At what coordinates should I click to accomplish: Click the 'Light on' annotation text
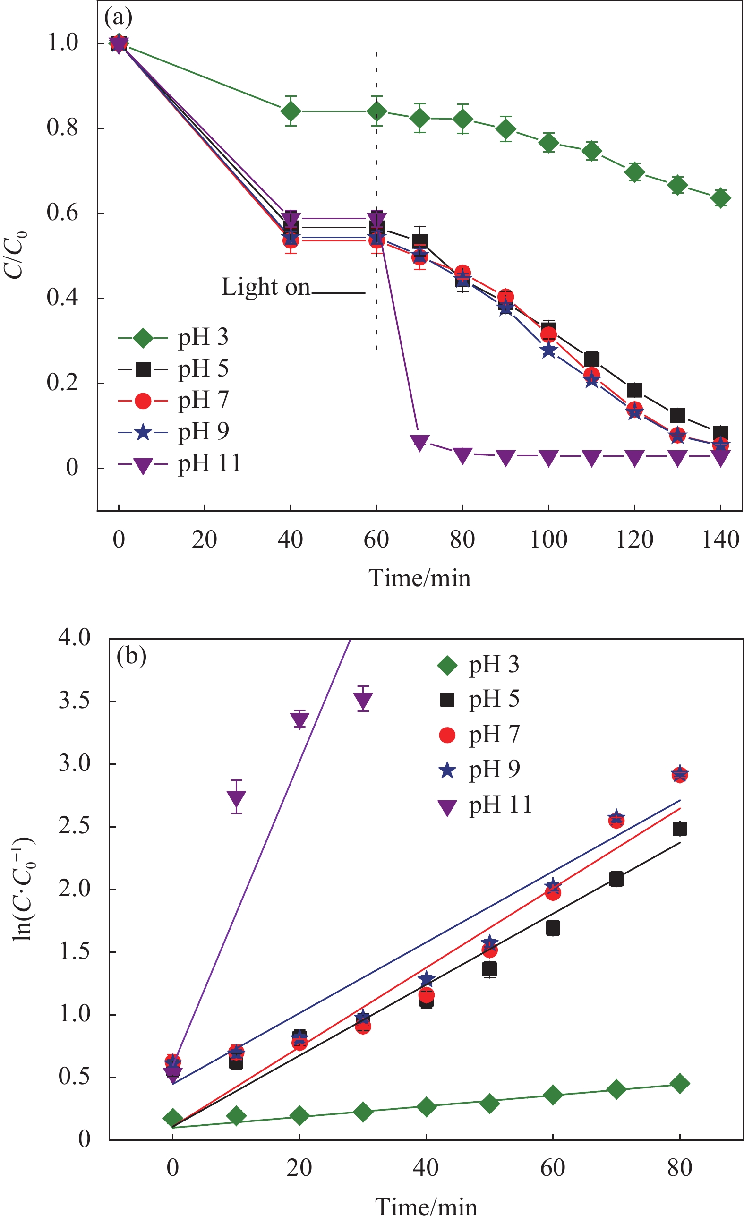tap(265, 288)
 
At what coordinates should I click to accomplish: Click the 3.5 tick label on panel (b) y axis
tap(75, 701)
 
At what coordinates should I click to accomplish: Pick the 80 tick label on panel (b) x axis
tap(679, 1167)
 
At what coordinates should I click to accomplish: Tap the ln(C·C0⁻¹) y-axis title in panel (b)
tap(23, 889)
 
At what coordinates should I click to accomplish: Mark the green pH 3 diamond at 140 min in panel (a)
tap(720, 198)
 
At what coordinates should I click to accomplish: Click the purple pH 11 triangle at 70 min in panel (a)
tap(419, 442)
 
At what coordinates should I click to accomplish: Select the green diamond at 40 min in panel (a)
tap(291, 111)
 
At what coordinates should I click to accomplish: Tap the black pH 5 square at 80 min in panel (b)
tap(679, 829)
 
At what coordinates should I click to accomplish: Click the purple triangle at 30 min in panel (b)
tap(363, 701)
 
